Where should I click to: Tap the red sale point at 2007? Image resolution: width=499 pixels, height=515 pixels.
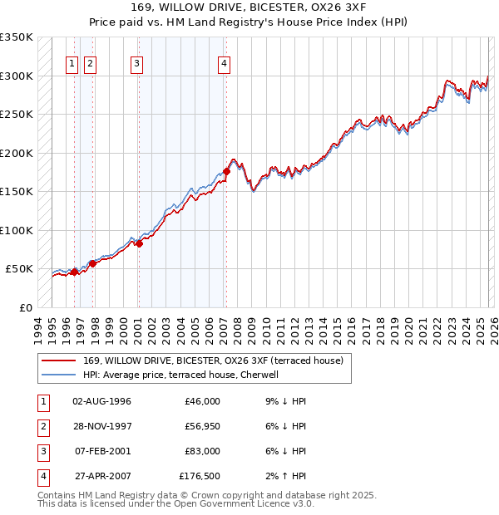[x=226, y=171]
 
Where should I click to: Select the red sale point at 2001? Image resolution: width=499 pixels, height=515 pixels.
[x=139, y=243]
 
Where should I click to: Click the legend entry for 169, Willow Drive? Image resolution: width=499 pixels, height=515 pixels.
[x=219, y=360]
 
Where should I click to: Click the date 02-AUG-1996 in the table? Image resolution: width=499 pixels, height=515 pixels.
[x=101, y=401]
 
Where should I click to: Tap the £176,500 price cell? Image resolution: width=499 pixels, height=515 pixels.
[x=200, y=476]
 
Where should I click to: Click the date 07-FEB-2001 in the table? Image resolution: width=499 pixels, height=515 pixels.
[x=101, y=451]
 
